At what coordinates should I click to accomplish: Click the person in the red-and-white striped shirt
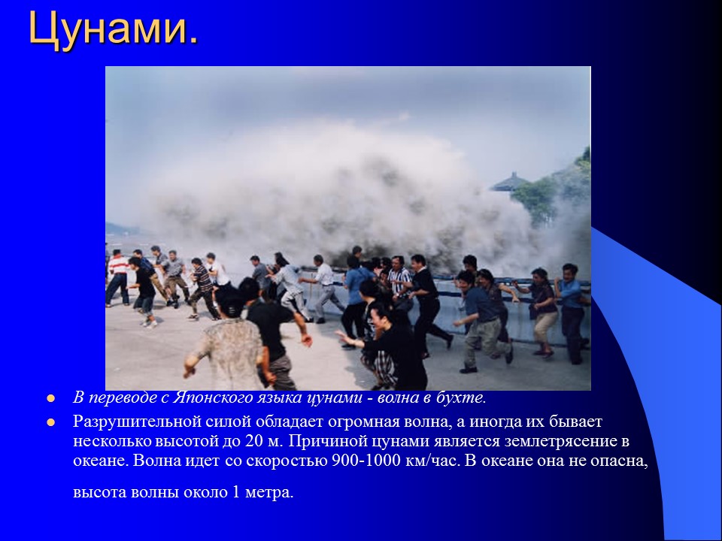(117, 274)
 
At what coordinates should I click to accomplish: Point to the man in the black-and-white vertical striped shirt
(399, 282)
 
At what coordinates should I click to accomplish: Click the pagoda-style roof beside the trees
(508, 182)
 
